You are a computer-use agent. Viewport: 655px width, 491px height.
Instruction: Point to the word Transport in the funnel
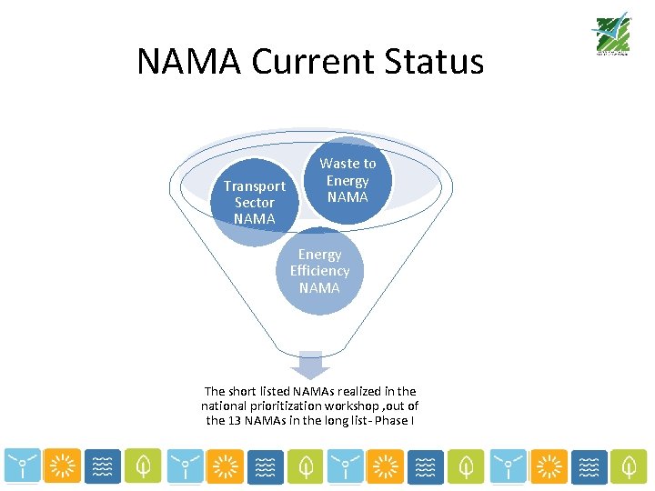click(x=255, y=186)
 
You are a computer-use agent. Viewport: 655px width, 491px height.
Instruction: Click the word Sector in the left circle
click(x=255, y=203)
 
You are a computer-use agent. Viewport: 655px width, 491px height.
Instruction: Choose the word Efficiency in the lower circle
click(x=319, y=271)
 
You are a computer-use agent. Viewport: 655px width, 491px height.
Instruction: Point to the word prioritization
click(x=281, y=406)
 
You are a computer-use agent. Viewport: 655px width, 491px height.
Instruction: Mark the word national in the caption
click(x=222, y=406)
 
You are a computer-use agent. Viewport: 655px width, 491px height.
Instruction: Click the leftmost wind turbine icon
click(x=21, y=466)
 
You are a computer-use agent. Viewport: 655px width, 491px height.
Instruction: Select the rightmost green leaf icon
click(x=628, y=466)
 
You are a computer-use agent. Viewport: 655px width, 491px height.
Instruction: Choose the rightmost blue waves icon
click(x=588, y=466)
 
